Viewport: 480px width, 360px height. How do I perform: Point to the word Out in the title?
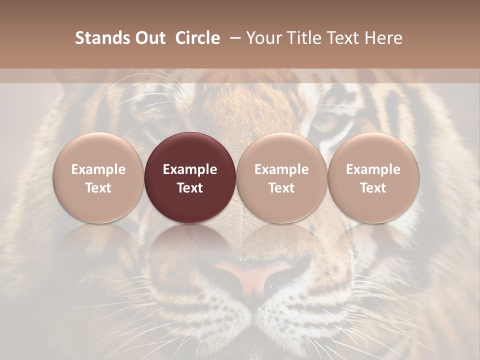[148, 38]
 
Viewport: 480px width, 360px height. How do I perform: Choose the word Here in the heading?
[384, 38]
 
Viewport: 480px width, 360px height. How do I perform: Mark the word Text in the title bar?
[343, 38]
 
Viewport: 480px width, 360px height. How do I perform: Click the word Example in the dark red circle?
[190, 169]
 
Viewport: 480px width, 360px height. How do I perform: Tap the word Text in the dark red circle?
[190, 188]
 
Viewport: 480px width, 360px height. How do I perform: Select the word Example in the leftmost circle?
[98, 169]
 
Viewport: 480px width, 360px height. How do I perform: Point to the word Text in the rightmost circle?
[373, 188]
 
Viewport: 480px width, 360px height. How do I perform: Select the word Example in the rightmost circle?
[373, 169]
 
